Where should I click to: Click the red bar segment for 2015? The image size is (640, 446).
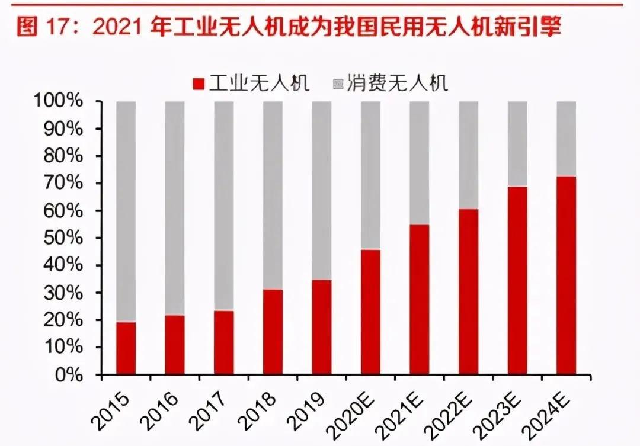click(126, 348)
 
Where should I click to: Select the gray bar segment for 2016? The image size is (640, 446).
click(175, 207)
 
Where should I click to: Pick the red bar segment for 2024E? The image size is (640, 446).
click(567, 275)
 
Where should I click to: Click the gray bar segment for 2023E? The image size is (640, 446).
click(517, 143)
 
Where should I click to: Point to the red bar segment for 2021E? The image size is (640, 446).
click(420, 299)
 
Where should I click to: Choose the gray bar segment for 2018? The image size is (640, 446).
click(273, 195)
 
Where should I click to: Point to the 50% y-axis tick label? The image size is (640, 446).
click(75, 239)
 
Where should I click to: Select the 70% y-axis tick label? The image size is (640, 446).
click(75, 184)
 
